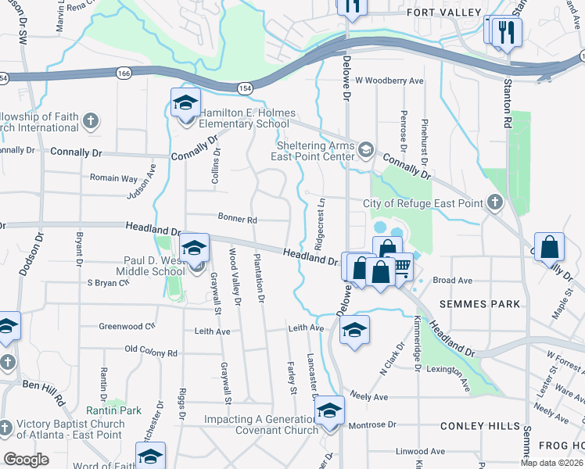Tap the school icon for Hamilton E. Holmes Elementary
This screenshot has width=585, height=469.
point(186,104)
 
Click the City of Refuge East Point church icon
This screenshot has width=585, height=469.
point(494,203)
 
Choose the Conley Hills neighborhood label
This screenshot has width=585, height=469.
point(479,426)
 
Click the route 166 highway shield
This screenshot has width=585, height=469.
point(127,73)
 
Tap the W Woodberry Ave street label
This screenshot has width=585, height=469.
point(389,81)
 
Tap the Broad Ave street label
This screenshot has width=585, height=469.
point(453,280)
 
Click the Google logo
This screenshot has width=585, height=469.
point(26,460)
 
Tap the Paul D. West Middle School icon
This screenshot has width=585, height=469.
point(194,249)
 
